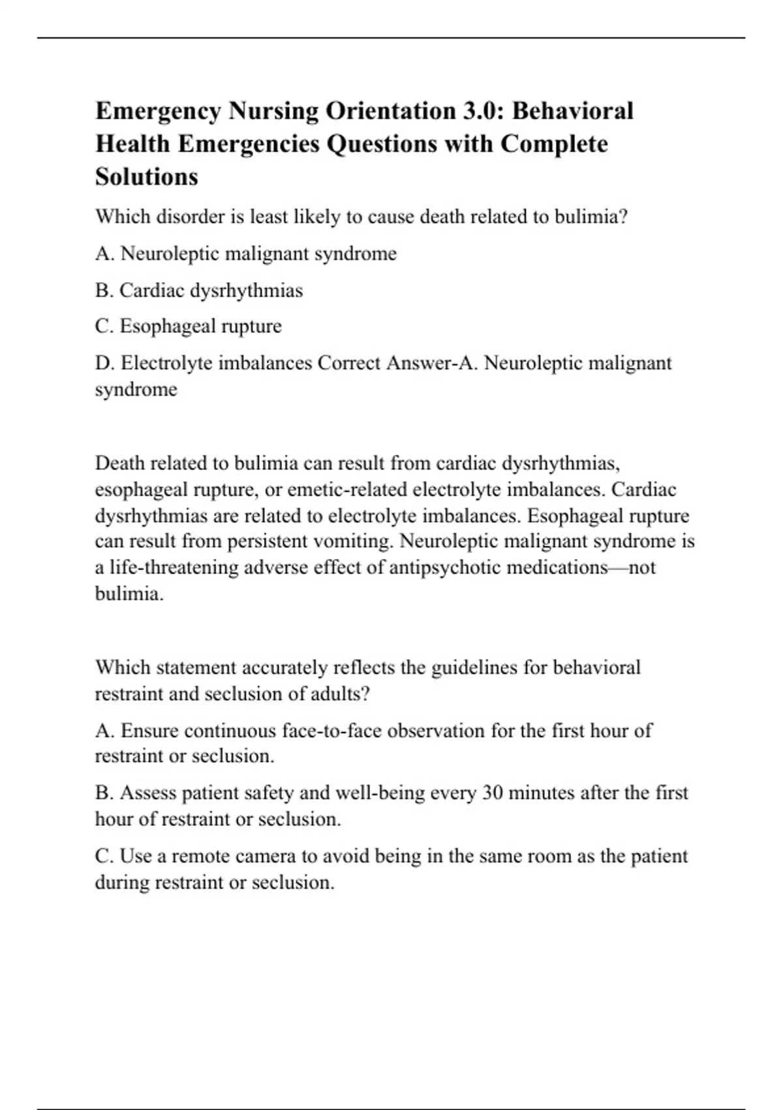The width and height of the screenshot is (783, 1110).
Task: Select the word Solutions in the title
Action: tap(147, 177)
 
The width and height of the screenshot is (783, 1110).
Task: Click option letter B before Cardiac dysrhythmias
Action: tap(104, 291)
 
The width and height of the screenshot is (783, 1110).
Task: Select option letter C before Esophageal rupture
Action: tap(104, 326)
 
